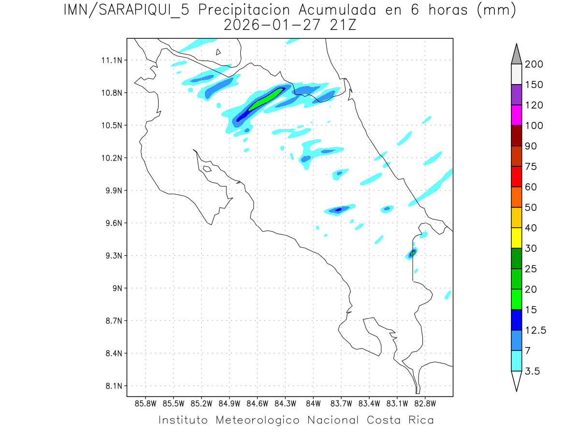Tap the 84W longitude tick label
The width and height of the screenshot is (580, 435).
click(x=313, y=403)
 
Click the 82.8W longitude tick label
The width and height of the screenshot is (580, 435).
click(x=425, y=403)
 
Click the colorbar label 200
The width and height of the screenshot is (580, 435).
click(x=534, y=64)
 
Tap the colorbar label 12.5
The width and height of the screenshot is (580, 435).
click(x=536, y=330)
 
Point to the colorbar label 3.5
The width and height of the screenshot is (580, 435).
click(x=533, y=371)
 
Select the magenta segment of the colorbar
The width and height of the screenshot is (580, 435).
click(x=516, y=115)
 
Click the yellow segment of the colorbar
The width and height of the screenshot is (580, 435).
click(x=516, y=238)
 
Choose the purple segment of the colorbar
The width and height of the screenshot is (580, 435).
click(x=516, y=95)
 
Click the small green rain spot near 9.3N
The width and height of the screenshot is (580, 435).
click(x=413, y=253)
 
